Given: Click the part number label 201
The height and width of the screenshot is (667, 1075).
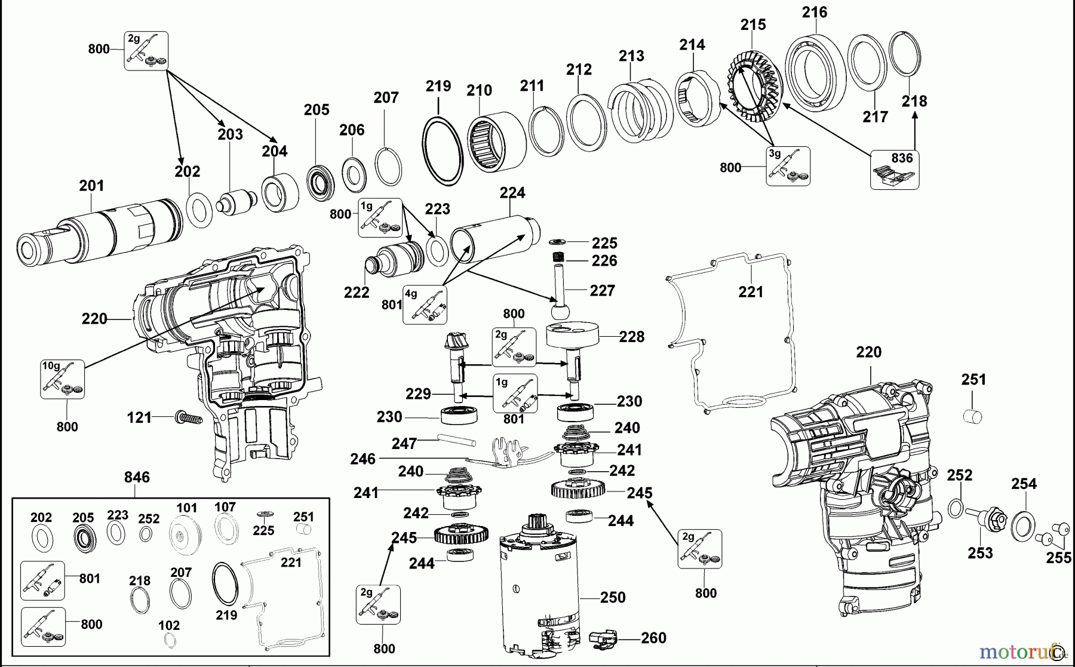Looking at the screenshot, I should [x=91, y=186].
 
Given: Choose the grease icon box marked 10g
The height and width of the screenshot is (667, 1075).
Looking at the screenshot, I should [x=62, y=379].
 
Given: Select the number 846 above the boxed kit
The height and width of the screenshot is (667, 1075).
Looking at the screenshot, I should [x=137, y=477].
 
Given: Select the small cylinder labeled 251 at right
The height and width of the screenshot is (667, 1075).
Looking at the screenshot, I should [x=973, y=416].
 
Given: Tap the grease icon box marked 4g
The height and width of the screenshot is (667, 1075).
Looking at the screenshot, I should [x=425, y=305].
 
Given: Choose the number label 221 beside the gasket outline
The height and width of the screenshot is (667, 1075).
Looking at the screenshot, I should [x=751, y=291].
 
